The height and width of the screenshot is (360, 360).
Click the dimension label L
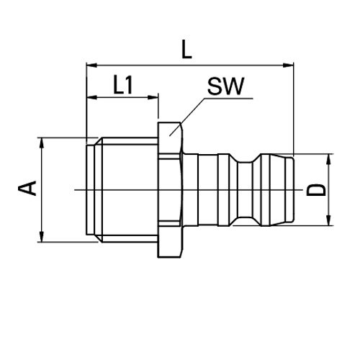187,50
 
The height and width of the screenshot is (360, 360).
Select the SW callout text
226,87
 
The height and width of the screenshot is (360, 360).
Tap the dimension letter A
27,189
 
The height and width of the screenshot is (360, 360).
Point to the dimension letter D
317,189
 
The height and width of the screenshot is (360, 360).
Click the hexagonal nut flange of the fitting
171,189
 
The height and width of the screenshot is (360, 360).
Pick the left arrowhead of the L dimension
90,66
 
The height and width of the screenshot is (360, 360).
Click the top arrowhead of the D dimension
330,158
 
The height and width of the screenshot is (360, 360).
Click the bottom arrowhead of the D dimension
330,220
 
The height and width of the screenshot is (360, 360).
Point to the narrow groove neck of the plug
253,189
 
